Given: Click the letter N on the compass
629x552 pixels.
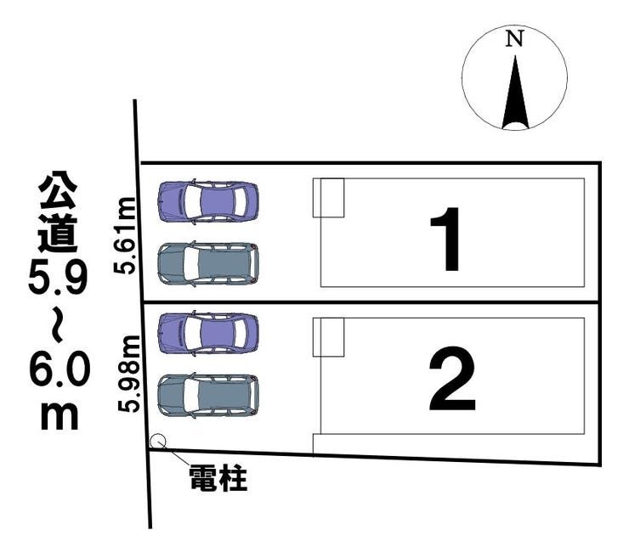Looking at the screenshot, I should pos(513,38).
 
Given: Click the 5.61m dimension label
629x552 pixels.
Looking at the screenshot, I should pos(127,234).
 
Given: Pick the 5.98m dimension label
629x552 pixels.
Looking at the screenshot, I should pos(129,374).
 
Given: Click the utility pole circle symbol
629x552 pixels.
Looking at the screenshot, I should pos(157,441).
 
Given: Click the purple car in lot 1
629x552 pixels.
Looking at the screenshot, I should pos(208,201).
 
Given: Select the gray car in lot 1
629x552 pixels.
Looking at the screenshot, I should pos(208,263).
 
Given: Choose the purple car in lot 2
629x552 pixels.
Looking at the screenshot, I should pos(208,332).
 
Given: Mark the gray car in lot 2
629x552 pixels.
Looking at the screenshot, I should pos(208,395).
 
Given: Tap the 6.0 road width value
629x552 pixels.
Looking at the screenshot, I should pos(58,371).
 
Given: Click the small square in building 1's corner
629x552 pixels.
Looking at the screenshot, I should pos(328,197).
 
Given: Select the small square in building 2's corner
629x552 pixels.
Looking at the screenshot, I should pos(328,337).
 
